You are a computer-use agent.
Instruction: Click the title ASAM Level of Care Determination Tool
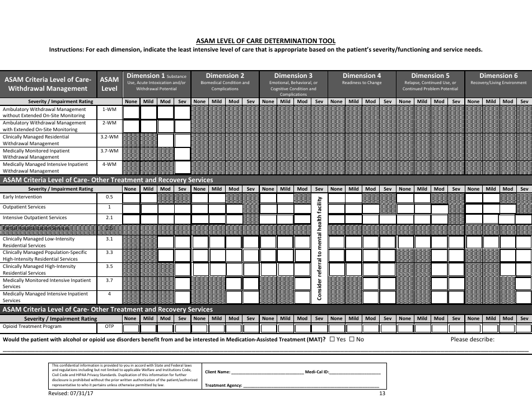[x=266, y=40]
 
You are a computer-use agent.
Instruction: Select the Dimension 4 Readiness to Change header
[x=361, y=78]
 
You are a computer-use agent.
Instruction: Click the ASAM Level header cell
[x=109, y=84]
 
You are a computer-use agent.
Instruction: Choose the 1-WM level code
[x=109, y=109]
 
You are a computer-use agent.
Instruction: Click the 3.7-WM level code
[x=109, y=151]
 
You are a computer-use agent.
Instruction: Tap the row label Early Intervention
[x=22, y=197]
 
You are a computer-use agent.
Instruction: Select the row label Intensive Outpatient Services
[x=35, y=217]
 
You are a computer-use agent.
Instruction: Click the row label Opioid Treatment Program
[x=32, y=326]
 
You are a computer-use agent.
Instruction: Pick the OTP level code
[x=109, y=326]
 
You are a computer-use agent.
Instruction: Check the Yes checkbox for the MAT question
[x=333, y=339]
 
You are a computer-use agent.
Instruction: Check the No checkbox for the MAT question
[x=352, y=339]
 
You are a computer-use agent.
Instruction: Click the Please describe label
[x=473, y=339]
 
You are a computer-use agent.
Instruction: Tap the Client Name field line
[x=267, y=372]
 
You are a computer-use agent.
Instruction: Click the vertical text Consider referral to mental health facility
[x=319, y=248]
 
